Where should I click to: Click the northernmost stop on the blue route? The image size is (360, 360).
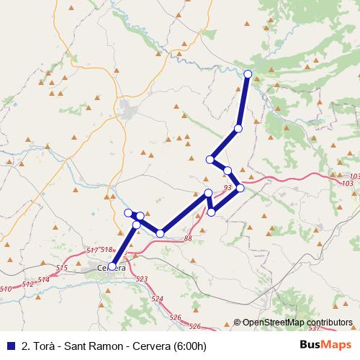pyautogui.click(x=248, y=74)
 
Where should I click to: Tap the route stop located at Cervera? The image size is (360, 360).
pyautogui.click(x=112, y=266)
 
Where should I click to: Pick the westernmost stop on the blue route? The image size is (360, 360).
pyautogui.click(x=112, y=266)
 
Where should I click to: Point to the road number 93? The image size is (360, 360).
pyautogui.click(x=228, y=188)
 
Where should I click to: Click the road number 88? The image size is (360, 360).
pyautogui.click(x=188, y=238)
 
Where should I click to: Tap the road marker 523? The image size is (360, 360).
pyautogui.click(x=141, y=279)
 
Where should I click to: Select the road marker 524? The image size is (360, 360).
pyautogui.click(x=157, y=298)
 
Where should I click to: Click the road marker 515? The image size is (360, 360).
pyautogui.click(x=61, y=268)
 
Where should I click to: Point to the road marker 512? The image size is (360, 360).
pyautogui.click(x=28, y=284)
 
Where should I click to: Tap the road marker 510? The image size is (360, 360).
pyautogui.click(x=6, y=289)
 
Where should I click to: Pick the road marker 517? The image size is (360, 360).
pyautogui.click(x=91, y=249)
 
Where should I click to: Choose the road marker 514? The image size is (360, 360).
pyautogui.click(x=45, y=279)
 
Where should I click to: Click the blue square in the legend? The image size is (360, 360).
pyautogui.click(x=10, y=344)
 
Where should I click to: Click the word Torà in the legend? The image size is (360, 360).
pyautogui.click(x=40, y=344)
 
